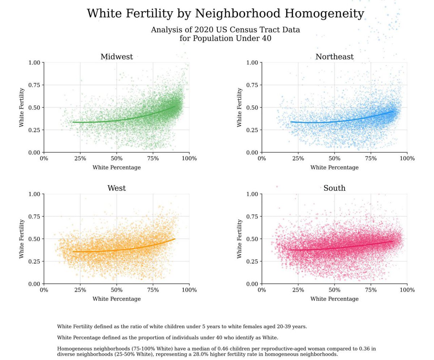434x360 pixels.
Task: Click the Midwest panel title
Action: [x=116, y=57]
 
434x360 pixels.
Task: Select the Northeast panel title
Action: [x=334, y=57]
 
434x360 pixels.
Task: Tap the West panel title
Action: [x=116, y=188]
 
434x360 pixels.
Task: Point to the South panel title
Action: [x=334, y=188]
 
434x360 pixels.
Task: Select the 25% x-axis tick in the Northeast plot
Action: [x=298, y=158]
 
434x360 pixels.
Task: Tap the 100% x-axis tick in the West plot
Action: [x=189, y=290]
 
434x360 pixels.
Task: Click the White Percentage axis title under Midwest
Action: [x=116, y=168]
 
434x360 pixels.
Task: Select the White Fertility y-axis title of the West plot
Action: [x=22, y=239]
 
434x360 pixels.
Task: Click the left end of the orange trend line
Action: [x=73, y=251]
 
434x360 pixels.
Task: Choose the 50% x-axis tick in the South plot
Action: [x=334, y=290]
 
